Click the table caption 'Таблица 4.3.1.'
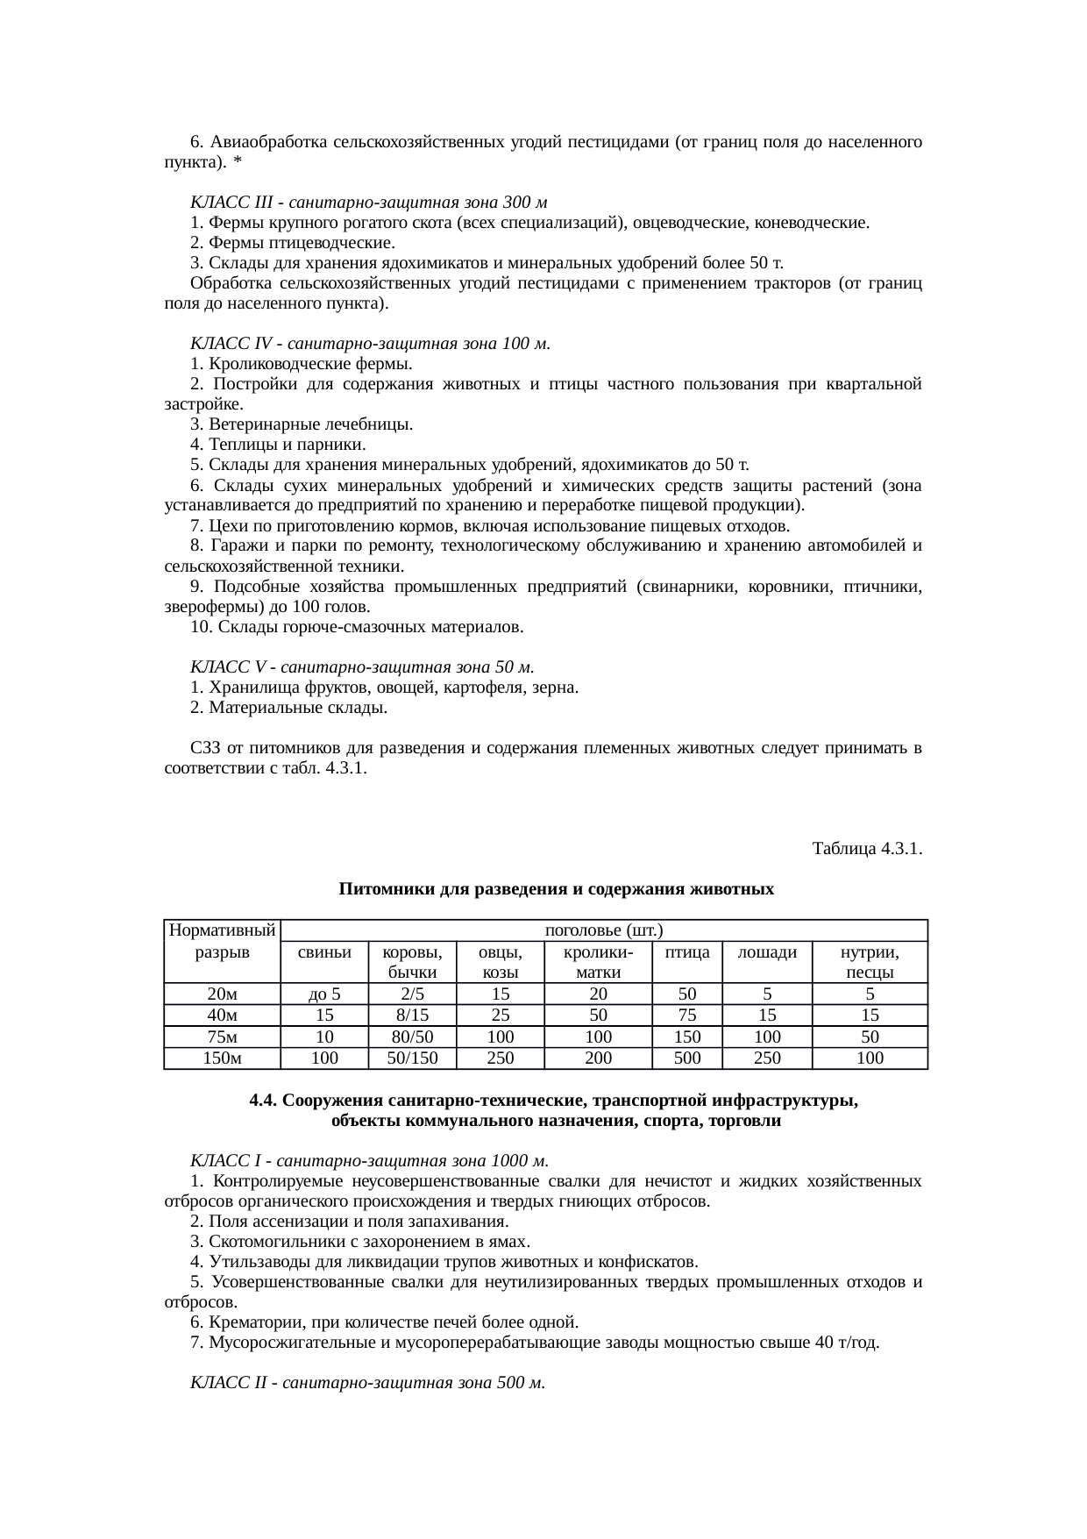[x=866, y=849]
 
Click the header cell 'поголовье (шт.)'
[x=603, y=930]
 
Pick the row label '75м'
[x=222, y=1037]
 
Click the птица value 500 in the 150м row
[x=687, y=1058]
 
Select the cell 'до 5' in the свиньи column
[x=324, y=994]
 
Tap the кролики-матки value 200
[x=598, y=1058]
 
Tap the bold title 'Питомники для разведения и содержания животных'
[x=556, y=889]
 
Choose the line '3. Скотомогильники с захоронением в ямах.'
[x=359, y=1242]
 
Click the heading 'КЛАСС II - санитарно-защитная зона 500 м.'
[x=367, y=1383]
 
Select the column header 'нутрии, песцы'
[x=870, y=962]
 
